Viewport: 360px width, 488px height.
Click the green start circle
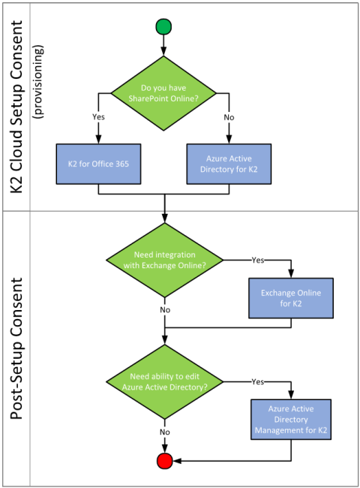[x=163, y=26]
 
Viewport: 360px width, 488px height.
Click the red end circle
[x=164, y=461]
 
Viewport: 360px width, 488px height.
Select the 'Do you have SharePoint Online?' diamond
[x=163, y=93]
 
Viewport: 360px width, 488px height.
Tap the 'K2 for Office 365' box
[x=98, y=164]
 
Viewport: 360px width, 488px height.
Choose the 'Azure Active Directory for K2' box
[x=229, y=164]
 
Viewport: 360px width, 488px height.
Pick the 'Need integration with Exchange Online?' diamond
[x=165, y=260]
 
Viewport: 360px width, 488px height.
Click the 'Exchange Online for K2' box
[x=291, y=298]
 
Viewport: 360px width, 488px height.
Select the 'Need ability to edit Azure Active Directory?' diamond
[x=165, y=382]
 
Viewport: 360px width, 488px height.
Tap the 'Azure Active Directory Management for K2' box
[x=291, y=420]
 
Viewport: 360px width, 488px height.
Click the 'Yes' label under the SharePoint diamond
[x=98, y=117]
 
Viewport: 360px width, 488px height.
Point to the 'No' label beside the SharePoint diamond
[x=229, y=117]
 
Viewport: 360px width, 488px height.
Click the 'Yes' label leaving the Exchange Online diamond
[x=258, y=260]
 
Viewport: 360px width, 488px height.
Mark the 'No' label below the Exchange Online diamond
[x=165, y=309]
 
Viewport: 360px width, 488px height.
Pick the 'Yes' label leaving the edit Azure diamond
[x=258, y=381]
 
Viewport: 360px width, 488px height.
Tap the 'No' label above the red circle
[x=165, y=432]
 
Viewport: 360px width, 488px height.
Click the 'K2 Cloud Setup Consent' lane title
[x=16, y=107]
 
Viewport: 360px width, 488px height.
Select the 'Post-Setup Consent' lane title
[x=16, y=348]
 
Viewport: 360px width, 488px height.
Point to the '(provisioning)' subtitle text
[x=38, y=82]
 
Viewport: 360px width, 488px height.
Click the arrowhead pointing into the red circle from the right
[x=177, y=461]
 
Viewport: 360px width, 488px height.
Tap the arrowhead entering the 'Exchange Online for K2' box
[x=291, y=273]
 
